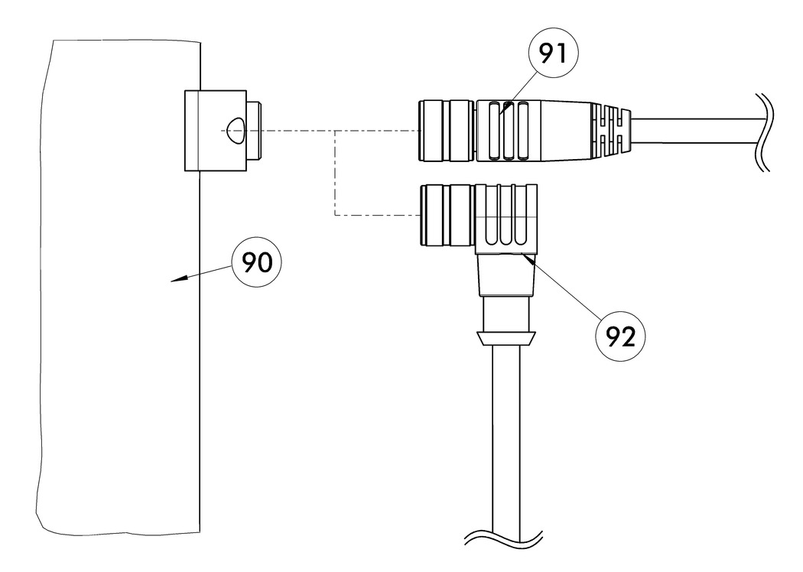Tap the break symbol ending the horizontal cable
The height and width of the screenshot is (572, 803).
[x=762, y=132]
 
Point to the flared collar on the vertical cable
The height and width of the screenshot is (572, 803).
[x=506, y=339]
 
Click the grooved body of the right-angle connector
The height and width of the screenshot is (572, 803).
[x=507, y=218]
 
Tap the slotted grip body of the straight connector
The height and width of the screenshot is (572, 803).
[x=528, y=131]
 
